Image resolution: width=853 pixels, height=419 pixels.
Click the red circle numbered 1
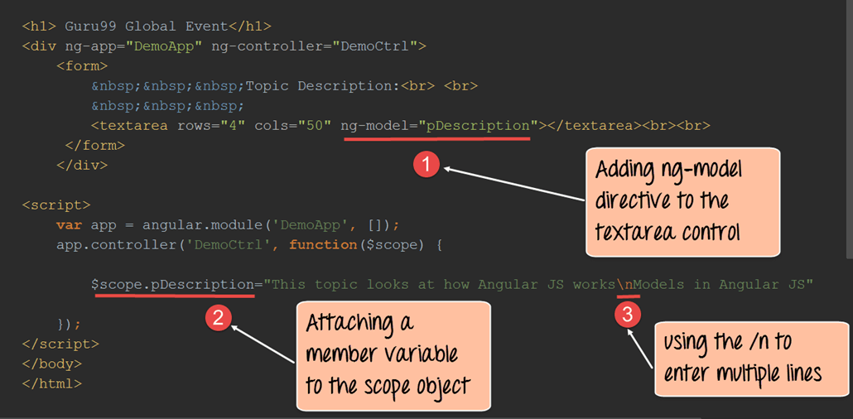[427, 165]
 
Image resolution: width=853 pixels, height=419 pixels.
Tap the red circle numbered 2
[218, 318]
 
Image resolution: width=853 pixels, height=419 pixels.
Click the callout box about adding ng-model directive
[682, 202]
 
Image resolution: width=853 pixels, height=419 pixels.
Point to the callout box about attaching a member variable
[393, 355]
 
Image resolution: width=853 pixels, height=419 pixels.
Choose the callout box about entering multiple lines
[752, 359]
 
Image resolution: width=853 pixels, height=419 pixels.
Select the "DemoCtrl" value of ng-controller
[375, 46]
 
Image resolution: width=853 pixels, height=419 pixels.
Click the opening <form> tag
[82, 66]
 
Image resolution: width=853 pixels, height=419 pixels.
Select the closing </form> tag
[95, 146]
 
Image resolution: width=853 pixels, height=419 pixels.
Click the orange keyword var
[69, 225]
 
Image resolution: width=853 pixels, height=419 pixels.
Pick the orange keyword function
[323, 245]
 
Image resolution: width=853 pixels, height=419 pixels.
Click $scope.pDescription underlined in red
[173, 285]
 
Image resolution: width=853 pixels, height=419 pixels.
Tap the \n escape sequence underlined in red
[628, 285]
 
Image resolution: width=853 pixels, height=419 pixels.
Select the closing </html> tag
[52, 383]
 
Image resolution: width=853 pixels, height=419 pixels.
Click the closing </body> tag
[52, 364]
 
